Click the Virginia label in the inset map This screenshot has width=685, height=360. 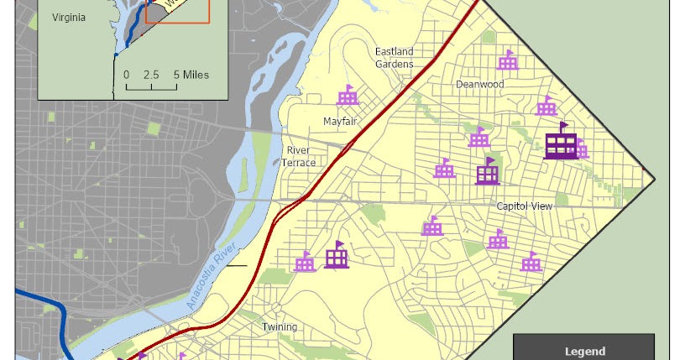[x=68, y=18]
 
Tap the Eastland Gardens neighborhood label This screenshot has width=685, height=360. [x=395, y=58]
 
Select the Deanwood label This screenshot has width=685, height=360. [x=479, y=84]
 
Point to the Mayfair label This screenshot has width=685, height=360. [x=341, y=122]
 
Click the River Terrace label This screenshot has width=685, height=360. [x=299, y=156]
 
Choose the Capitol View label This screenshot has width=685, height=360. [x=523, y=206]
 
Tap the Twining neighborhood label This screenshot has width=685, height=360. [x=279, y=327]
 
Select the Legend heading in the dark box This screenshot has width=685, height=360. [x=583, y=352]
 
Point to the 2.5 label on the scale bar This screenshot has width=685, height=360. [x=151, y=75]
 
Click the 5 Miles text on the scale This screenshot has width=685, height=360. [x=191, y=75]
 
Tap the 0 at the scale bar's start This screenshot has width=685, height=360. [x=127, y=75]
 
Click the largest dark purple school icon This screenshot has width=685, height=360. [x=560, y=142]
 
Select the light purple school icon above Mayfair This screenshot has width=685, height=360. [x=348, y=95]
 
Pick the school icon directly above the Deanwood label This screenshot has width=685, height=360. [x=507, y=60]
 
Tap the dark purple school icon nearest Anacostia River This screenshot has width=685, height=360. [x=337, y=255]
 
